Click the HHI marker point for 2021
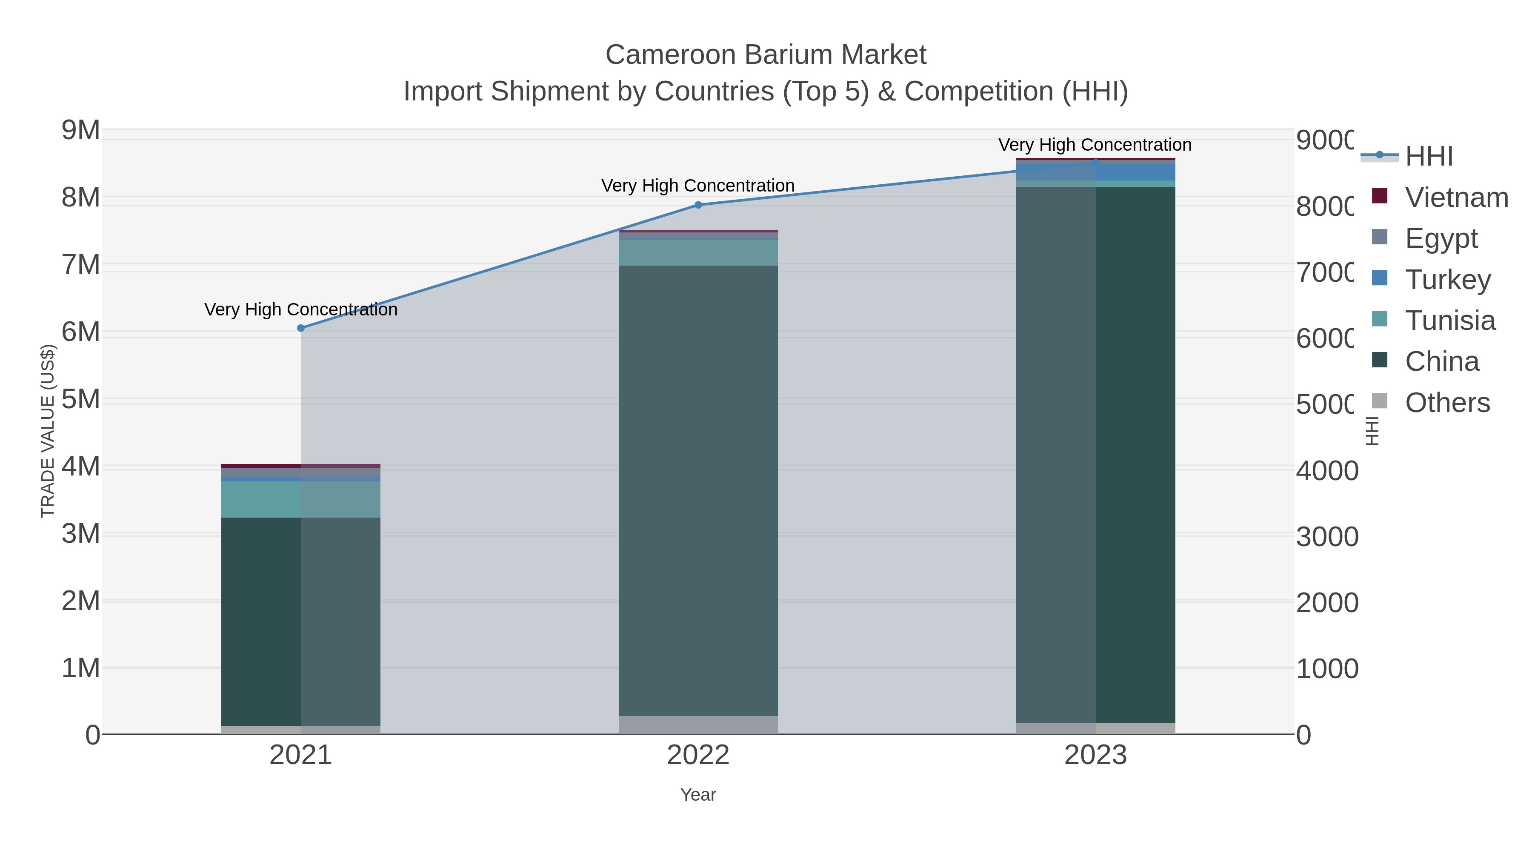pos(301,328)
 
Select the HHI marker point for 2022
pos(698,205)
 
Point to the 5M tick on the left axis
pos(81,399)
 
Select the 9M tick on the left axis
pos(81,130)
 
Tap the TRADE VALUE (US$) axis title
pos(48,431)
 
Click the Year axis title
pos(698,795)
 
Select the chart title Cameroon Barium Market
pos(766,55)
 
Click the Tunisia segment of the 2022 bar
pos(698,253)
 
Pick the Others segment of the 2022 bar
pos(698,725)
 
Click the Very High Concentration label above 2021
pos(301,310)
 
